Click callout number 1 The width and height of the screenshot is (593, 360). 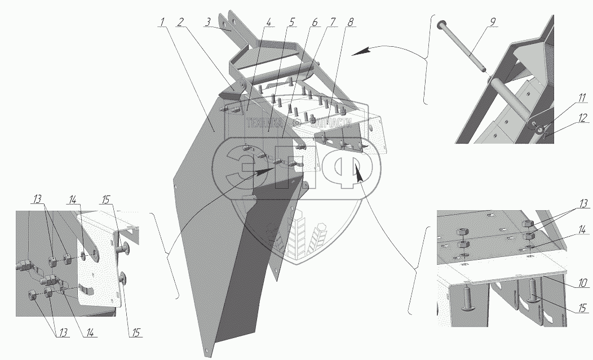click(x=162, y=23)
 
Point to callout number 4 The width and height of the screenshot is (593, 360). click(x=269, y=23)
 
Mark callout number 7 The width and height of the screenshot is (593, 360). click(x=333, y=23)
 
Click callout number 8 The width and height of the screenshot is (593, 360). click(x=351, y=23)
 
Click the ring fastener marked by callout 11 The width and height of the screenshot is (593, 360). click(x=541, y=131)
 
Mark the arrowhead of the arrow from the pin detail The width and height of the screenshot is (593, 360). click(x=356, y=54)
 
